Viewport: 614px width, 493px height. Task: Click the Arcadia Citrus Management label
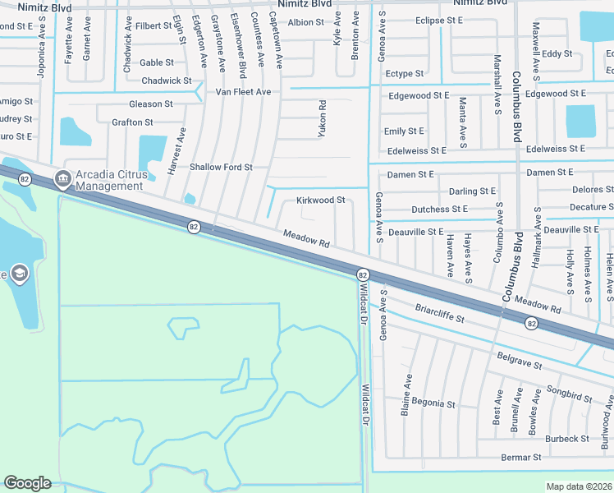click(x=109, y=180)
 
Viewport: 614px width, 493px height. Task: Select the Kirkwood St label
click(x=320, y=200)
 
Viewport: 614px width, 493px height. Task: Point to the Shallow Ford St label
click(x=221, y=167)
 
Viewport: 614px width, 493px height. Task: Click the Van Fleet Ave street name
click(x=243, y=92)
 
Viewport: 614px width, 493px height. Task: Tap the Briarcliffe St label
click(x=440, y=314)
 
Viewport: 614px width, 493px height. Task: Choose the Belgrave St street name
click(x=520, y=360)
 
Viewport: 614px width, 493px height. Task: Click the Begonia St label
click(x=433, y=403)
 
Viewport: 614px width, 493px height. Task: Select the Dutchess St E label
click(x=439, y=210)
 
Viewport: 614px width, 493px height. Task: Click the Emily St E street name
click(x=404, y=131)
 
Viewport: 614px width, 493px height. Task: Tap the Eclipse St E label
click(x=439, y=21)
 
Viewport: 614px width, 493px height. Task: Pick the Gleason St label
click(x=151, y=104)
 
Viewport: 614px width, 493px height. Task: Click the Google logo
click(x=27, y=483)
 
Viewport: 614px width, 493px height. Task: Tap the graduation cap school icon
click(x=18, y=274)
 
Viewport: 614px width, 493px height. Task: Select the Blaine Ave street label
click(x=406, y=394)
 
